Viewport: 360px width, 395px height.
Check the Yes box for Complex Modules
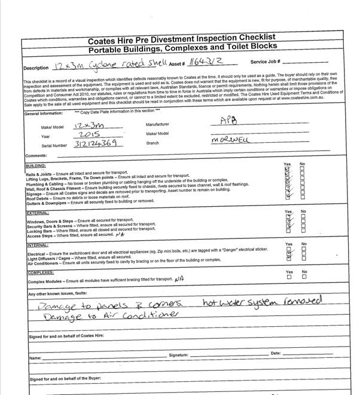[x=289, y=277]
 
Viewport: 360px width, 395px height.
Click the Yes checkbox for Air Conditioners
[x=289, y=259]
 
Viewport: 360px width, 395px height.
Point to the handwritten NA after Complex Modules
[x=179, y=279]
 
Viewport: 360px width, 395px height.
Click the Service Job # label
[x=265, y=62]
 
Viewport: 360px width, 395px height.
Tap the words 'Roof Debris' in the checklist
[x=40, y=197]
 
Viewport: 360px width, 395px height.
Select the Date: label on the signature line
[x=275, y=354]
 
